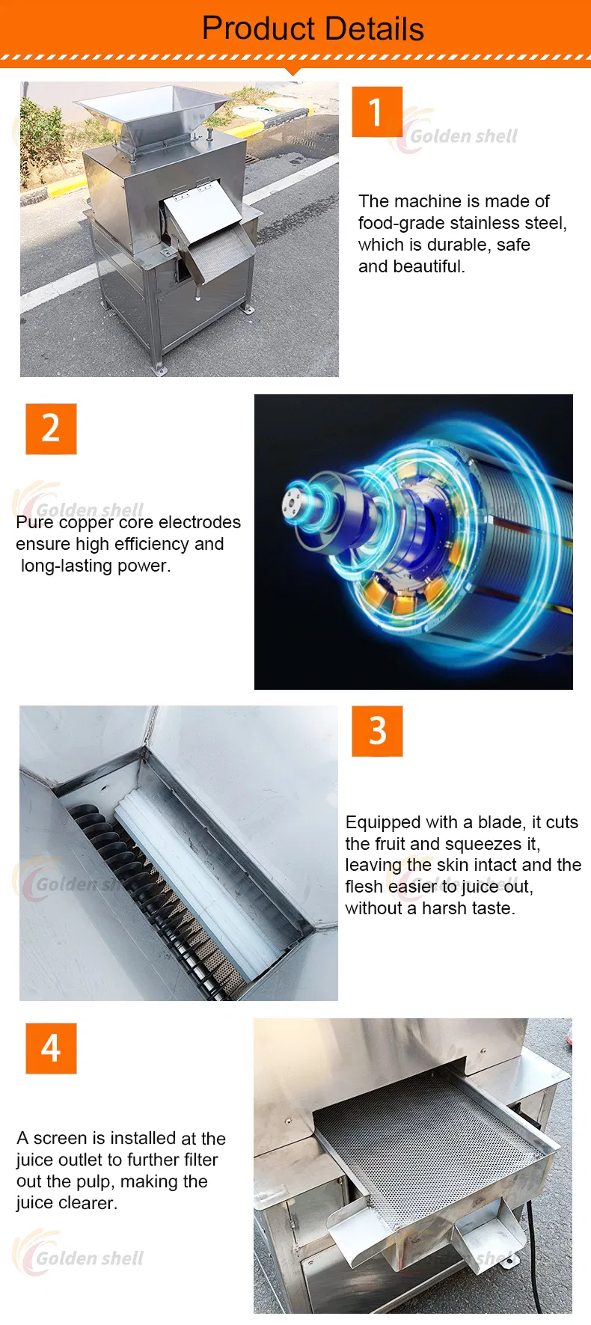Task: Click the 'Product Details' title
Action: [x=313, y=28]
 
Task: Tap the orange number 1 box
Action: [x=377, y=111]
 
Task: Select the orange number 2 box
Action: [x=51, y=429]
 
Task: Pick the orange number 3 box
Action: [x=377, y=731]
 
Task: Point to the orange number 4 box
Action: [x=51, y=1048]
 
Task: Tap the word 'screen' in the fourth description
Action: [x=60, y=1138]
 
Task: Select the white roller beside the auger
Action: [x=202, y=875]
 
